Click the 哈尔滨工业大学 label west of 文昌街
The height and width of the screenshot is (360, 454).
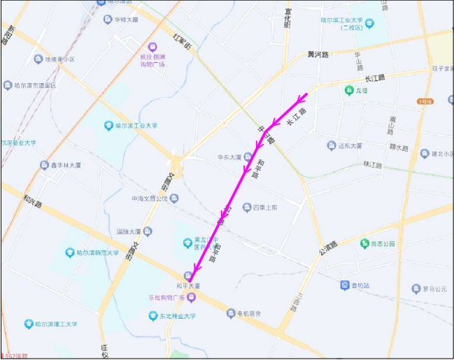pyautogui.click(x=136, y=126)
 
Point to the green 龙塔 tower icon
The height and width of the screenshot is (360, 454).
pyautogui.click(x=348, y=89)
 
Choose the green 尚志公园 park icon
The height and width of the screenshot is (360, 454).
pyautogui.click(x=364, y=243)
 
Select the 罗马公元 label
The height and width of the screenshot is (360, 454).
pyautogui.click(x=434, y=289)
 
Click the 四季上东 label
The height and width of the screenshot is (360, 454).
pyautogui.click(x=265, y=208)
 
